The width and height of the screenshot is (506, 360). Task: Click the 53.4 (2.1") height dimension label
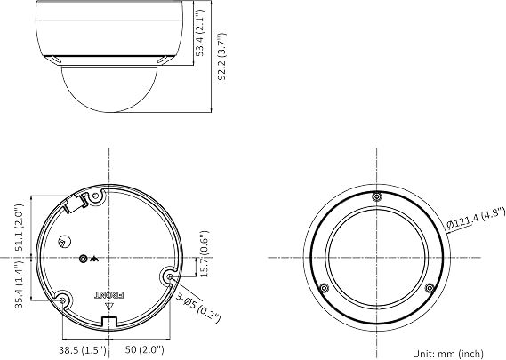point(200,32)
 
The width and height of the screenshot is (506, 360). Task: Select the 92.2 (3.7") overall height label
point(221,57)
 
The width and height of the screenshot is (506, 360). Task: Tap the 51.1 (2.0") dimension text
point(20,228)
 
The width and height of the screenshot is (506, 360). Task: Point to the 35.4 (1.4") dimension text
point(20,284)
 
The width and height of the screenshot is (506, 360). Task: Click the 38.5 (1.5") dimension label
point(83,349)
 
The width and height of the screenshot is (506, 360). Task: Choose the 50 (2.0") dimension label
point(145,349)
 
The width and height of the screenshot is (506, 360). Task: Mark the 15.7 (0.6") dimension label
point(204,254)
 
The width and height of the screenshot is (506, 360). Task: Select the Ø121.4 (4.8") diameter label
point(476,219)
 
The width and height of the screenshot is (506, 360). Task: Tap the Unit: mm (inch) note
point(448,354)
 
